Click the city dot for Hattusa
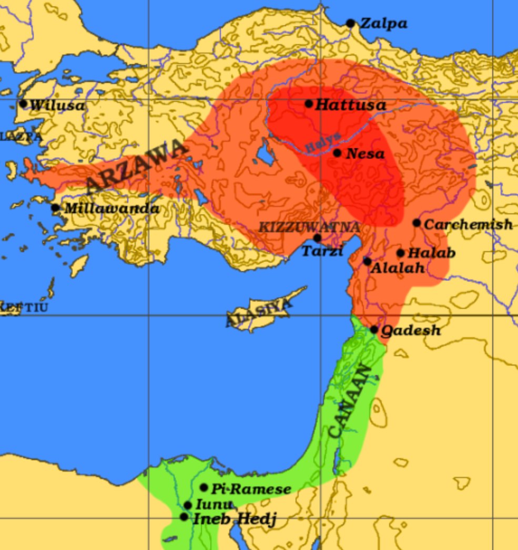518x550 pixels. pyautogui.click(x=309, y=104)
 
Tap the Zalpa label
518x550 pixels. pyautogui.click(x=383, y=24)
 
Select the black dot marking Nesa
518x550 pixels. pyautogui.click(x=337, y=153)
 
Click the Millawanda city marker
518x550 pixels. pyautogui.click(x=55, y=207)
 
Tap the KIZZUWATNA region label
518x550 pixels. pyautogui.click(x=310, y=227)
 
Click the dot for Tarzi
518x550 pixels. pyautogui.click(x=317, y=238)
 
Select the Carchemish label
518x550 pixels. pyautogui.click(x=468, y=224)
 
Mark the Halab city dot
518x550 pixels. pyautogui.click(x=400, y=253)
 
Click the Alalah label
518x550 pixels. pyautogui.click(x=398, y=268)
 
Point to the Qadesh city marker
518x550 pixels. pyautogui.click(x=374, y=330)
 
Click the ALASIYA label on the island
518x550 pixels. pyautogui.click(x=258, y=313)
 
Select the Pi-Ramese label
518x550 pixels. pyautogui.click(x=251, y=489)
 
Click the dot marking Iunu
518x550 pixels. pyautogui.click(x=188, y=505)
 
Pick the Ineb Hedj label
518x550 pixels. pyautogui.click(x=234, y=520)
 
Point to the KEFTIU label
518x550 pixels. pyautogui.click(x=24, y=307)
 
